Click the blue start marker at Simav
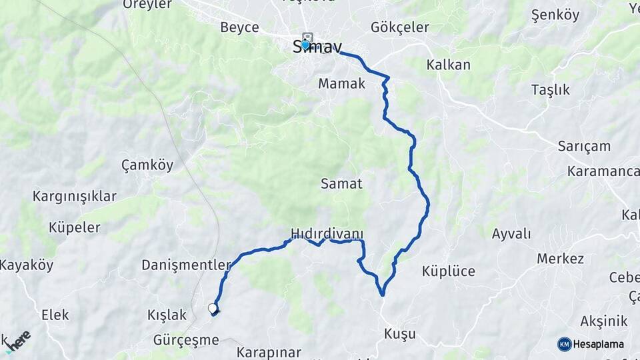305,45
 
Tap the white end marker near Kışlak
213,308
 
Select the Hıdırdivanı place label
327,233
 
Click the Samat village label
341,183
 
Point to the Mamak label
341,84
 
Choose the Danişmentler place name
186,265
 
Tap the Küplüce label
448,271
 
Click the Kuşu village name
400,333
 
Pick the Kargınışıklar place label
74,197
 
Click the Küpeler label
74,227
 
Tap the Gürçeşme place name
186,340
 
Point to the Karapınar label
269,351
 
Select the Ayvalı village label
511,234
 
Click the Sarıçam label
584,147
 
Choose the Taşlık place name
550,90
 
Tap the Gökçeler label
399,28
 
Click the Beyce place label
239,28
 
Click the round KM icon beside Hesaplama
565,344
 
